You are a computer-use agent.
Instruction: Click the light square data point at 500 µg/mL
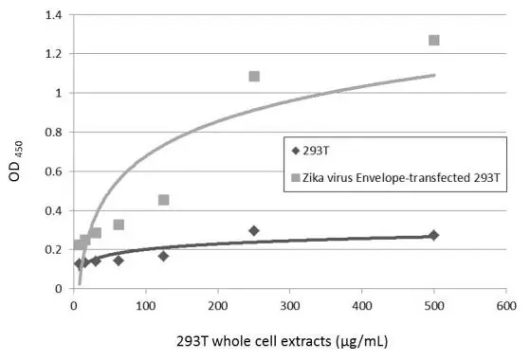(x=433, y=40)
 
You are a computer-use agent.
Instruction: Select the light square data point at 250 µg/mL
(x=254, y=76)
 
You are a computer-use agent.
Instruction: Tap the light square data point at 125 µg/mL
(x=164, y=200)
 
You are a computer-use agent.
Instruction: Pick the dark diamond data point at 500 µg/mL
(x=433, y=235)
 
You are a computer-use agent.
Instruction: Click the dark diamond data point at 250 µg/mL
(x=254, y=230)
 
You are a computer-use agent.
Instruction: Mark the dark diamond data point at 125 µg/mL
(x=164, y=256)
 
